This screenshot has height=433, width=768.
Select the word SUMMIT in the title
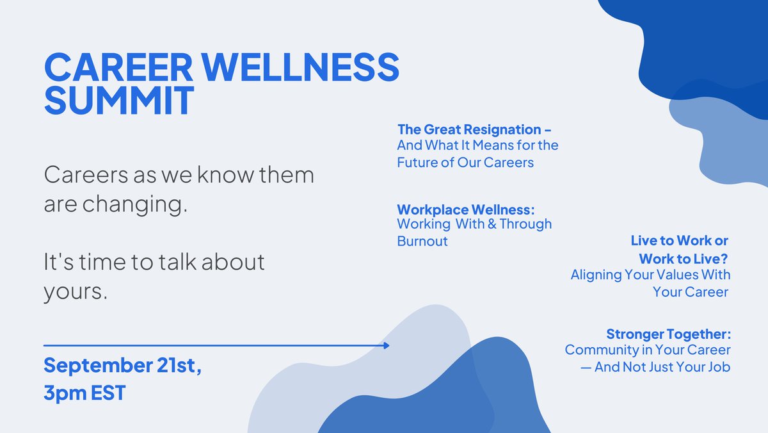pos(119,101)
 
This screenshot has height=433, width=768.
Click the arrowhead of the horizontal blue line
pos(386,345)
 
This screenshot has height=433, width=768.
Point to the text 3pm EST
pos(84,393)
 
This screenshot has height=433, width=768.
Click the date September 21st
pos(122,366)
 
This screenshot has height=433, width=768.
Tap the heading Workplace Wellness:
pos(465,209)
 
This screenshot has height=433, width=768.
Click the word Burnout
pos(422,241)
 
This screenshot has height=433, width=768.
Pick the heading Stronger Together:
pos(668,334)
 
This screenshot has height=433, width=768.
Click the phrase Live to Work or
pos(679,241)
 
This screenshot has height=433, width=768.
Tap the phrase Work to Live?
pos(685,258)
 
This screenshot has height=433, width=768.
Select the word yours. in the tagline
pos(75,291)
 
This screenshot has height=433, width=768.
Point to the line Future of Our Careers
pos(465,162)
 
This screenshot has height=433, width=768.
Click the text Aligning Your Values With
pos(650,275)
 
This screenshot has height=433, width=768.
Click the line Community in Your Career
pos(647,350)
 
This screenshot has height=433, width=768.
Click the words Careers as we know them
pos(179,175)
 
